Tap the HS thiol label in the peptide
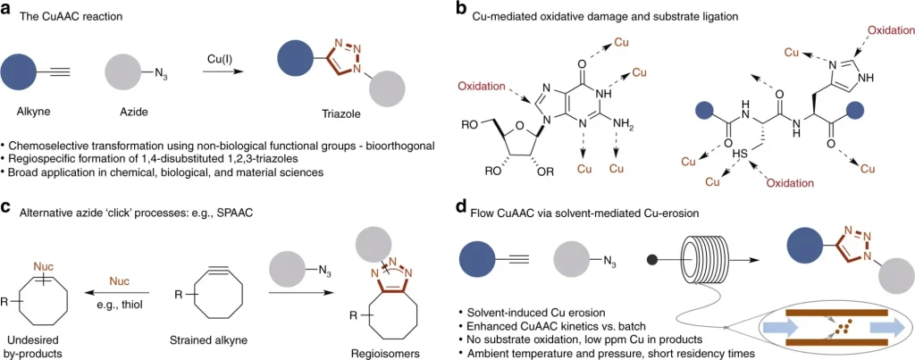(741, 153)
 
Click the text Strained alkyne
(208, 339)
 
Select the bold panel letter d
(461, 208)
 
